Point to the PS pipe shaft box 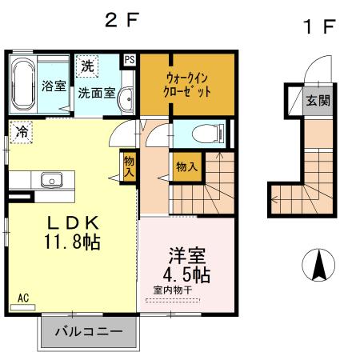(130, 59)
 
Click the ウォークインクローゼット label (188, 85)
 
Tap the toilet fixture (210, 133)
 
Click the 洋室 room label (187, 257)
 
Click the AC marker (24, 298)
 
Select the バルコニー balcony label (88, 331)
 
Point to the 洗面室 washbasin (125, 98)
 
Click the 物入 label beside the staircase (186, 167)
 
